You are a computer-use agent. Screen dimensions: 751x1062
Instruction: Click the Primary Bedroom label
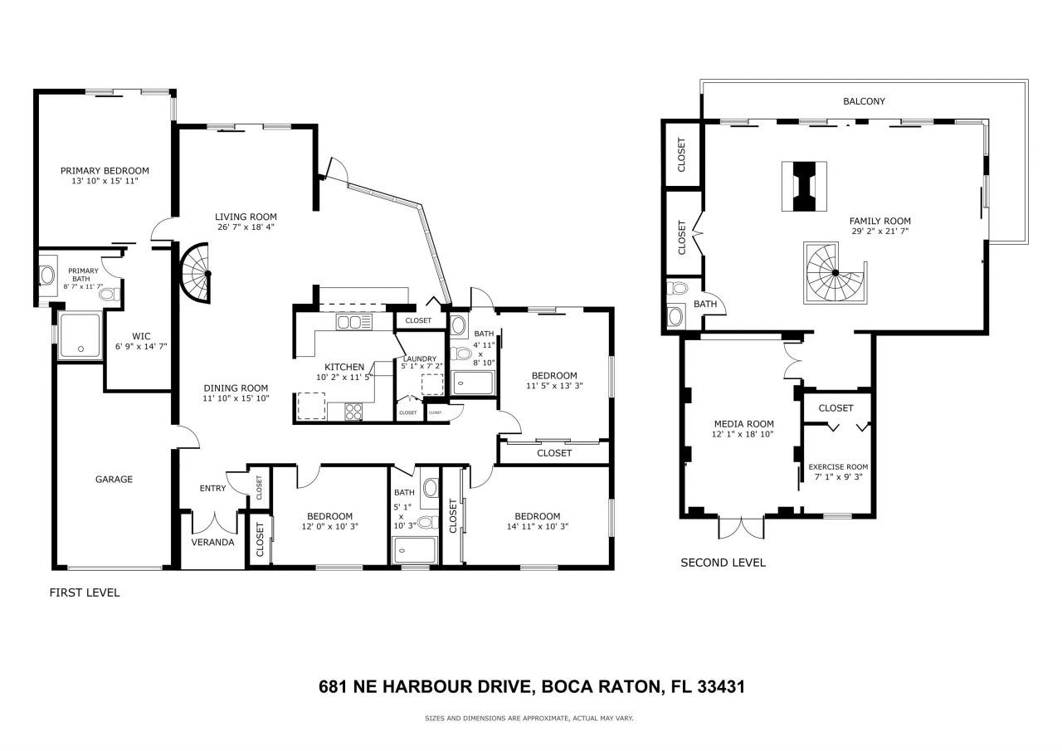pyautogui.click(x=105, y=170)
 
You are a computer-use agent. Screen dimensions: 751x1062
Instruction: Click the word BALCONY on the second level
pyautogui.click(x=864, y=101)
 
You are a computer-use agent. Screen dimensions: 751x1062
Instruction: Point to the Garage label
pyautogui.click(x=114, y=479)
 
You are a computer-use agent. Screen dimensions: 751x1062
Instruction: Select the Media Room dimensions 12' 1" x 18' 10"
pyautogui.click(x=743, y=434)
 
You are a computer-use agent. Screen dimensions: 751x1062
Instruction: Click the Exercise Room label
pyautogui.click(x=838, y=466)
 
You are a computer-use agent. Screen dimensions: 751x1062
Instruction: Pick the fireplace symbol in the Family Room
pyautogui.click(x=804, y=187)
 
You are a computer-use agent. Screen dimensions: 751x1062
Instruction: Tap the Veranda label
pyautogui.click(x=213, y=542)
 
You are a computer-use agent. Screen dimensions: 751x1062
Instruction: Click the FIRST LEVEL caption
pyautogui.click(x=85, y=593)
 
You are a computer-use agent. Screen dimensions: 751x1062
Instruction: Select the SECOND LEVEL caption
pyautogui.click(x=723, y=563)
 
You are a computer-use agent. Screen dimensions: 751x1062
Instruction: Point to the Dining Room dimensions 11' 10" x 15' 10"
pyautogui.click(x=236, y=398)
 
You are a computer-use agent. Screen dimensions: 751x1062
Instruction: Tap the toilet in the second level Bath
pyautogui.click(x=678, y=290)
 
